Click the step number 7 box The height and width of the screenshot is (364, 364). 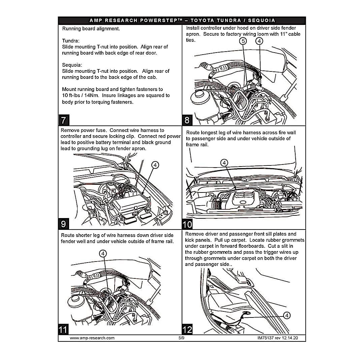pyautogui.click(x=64, y=120)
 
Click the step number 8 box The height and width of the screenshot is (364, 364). pyautogui.click(x=187, y=120)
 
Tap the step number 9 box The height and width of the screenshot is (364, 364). pyautogui.click(x=64, y=224)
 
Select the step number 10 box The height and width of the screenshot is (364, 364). pyautogui.click(x=187, y=224)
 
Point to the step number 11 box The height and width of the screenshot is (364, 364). pyautogui.click(x=63, y=329)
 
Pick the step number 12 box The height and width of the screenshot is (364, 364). pyautogui.click(x=187, y=329)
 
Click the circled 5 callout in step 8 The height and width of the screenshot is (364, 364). pyautogui.click(x=243, y=41)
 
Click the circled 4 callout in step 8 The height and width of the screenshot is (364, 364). pyautogui.click(x=259, y=41)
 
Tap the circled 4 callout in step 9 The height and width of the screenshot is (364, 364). pyautogui.click(x=155, y=165)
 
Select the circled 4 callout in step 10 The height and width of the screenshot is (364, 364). pyautogui.click(x=224, y=163)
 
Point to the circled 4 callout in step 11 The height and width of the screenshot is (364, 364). pyautogui.click(x=103, y=253)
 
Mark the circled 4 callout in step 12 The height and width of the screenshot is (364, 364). pyautogui.click(x=286, y=315)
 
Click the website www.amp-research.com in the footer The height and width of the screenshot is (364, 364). pyautogui.click(x=92, y=338)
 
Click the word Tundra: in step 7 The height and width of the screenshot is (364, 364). pyautogui.click(x=71, y=41)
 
